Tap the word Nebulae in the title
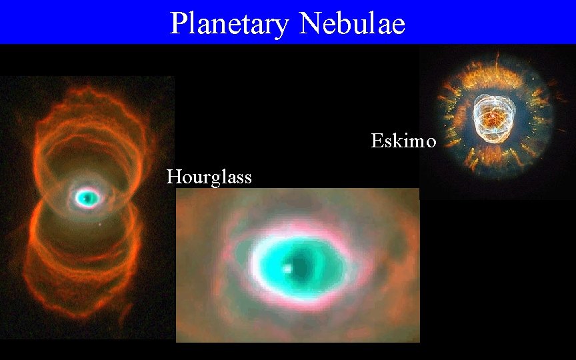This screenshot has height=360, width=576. tap(352, 24)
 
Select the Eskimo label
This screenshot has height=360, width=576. tap(403, 141)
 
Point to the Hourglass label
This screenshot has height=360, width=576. tap(209, 177)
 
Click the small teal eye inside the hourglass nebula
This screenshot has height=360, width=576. tap(87, 197)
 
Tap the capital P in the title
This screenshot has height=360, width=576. tap(178, 24)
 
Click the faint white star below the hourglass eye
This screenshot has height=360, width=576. tap(100, 224)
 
